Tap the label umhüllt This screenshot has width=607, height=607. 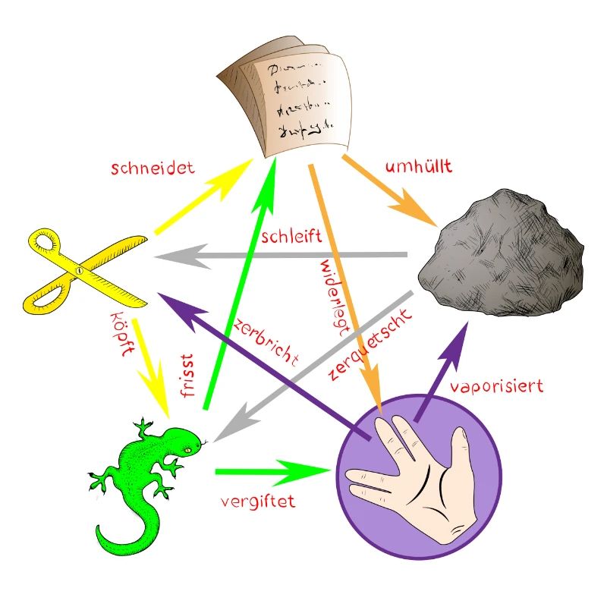tap(419, 166)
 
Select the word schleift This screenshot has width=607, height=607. tap(291, 236)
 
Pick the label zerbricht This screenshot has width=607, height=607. tap(265, 335)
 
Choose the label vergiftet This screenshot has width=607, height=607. tap(257, 502)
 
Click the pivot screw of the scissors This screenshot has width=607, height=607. tap(79, 270)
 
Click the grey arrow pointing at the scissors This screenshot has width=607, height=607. tap(288, 256)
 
